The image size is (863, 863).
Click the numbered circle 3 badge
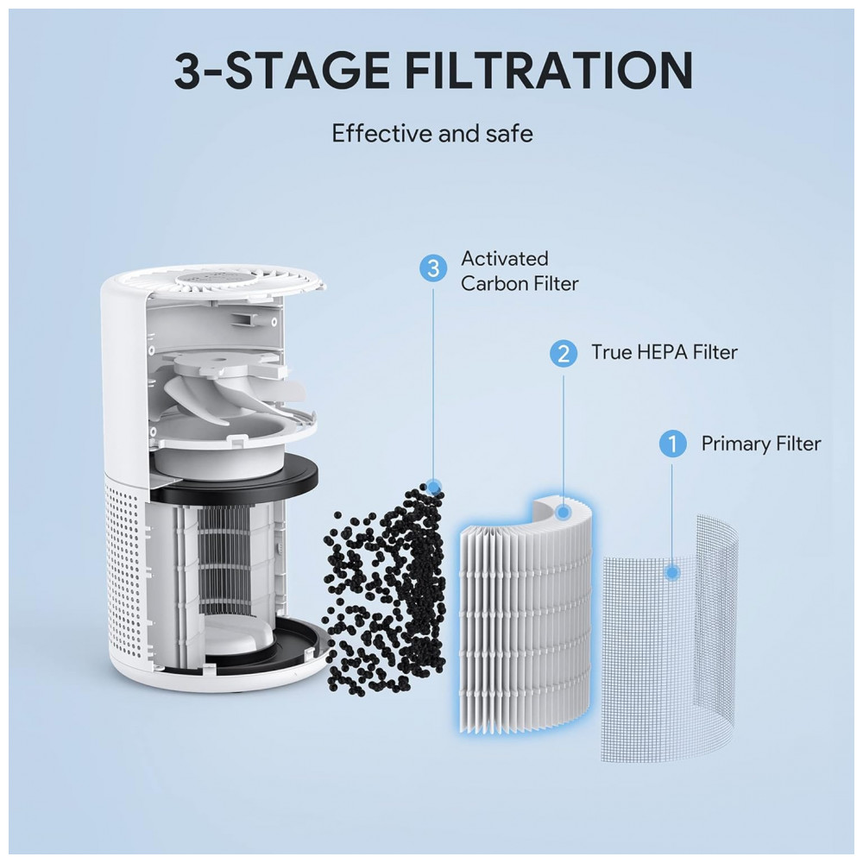pyautogui.click(x=433, y=268)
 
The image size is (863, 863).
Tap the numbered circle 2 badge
pyautogui.click(x=563, y=353)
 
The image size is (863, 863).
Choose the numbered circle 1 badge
pyautogui.click(x=672, y=444)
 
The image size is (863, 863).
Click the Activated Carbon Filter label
pyautogui.click(x=520, y=271)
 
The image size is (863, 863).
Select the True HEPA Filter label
pyautogui.click(x=665, y=352)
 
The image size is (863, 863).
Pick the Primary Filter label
pyautogui.click(x=760, y=444)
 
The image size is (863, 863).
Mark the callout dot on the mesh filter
pyautogui.click(x=671, y=573)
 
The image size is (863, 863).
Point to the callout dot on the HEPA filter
pyautogui.click(x=563, y=513)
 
